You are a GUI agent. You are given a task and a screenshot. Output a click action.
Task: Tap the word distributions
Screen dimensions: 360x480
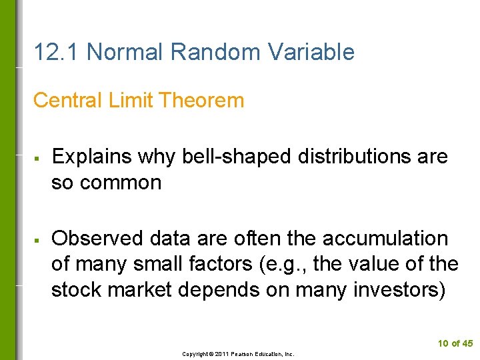[x=361, y=157]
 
